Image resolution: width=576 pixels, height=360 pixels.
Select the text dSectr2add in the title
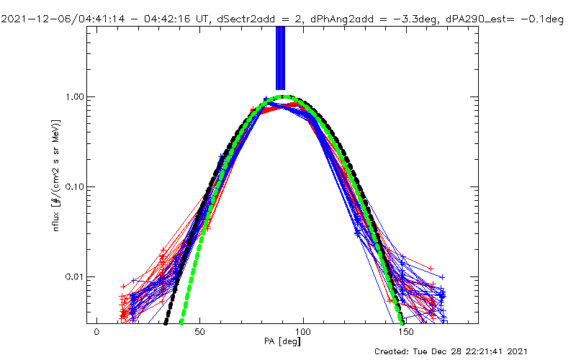(222, 19)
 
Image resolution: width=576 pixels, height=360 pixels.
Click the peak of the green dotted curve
(287, 96)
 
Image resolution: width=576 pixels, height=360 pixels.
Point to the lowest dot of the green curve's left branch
(181, 321)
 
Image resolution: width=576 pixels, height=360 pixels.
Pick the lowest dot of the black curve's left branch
(166, 321)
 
